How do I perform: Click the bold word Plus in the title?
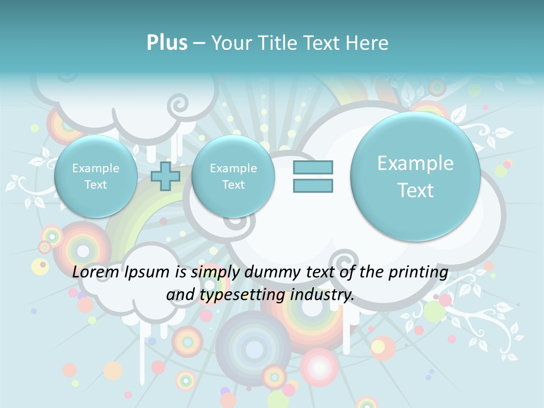(167, 43)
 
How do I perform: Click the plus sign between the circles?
(165, 176)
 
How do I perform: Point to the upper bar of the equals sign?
(313, 167)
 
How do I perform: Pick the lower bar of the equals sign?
(313, 185)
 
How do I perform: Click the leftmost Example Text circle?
(96, 176)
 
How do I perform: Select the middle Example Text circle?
(233, 176)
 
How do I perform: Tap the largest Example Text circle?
(415, 176)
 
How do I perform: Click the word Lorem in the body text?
(95, 272)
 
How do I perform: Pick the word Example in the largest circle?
(415, 163)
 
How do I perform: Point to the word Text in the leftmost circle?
(96, 185)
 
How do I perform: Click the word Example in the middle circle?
(233, 168)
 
